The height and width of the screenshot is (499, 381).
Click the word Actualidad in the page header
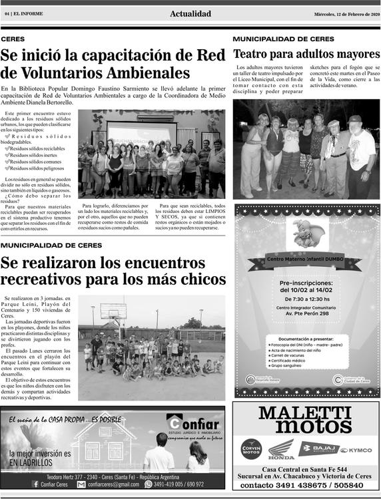tap(190, 14)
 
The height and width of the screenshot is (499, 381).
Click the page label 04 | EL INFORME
tap(22, 14)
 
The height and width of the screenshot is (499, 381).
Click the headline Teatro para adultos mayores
tap(306, 54)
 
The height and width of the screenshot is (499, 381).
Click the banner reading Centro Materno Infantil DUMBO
tap(306, 259)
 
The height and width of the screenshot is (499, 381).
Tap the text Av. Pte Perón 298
tap(306, 314)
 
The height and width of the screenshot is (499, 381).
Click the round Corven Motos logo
tap(251, 448)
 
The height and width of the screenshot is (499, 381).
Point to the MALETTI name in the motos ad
tap(306, 413)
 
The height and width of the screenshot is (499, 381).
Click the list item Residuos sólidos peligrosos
tap(37, 169)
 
